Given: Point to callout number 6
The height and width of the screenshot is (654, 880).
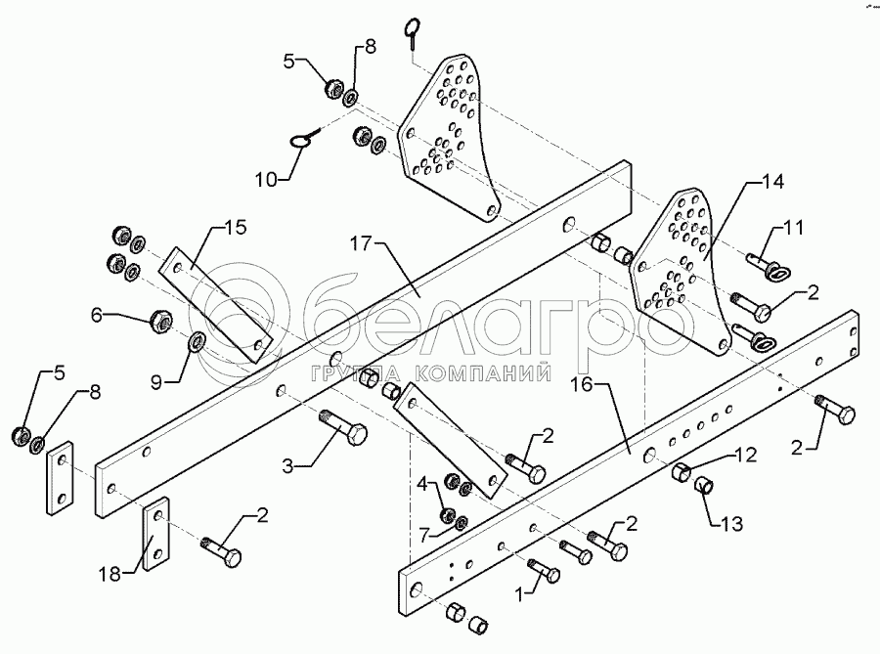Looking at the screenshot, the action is (x=97, y=315).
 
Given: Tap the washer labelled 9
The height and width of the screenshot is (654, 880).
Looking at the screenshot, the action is (x=194, y=342).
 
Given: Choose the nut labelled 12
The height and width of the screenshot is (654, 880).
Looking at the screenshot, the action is (x=682, y=473).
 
